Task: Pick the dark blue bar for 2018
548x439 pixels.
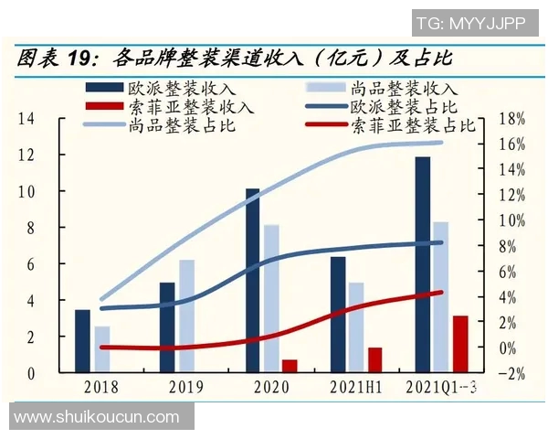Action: point(82,341)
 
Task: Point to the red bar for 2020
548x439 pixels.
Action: point(290,366)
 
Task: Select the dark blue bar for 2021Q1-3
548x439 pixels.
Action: point(422,264)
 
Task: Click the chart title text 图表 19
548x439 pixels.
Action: point(55,59)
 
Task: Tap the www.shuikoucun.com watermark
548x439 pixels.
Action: point(97,417)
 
